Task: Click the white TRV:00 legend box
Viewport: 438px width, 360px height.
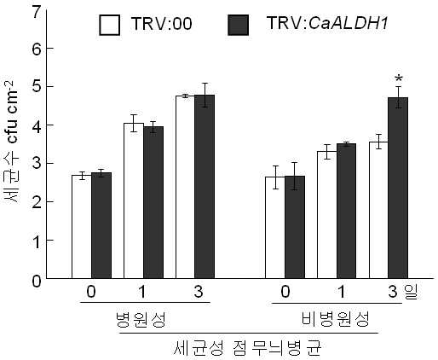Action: click(109, 25)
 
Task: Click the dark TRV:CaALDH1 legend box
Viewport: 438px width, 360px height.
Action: click(239, 25)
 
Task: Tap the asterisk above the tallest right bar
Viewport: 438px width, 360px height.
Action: click(399, 78)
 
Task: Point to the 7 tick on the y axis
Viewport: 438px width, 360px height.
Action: click(38, 12)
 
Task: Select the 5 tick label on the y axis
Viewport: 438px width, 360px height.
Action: click(37, 87)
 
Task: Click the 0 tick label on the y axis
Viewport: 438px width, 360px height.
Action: click(37, 281)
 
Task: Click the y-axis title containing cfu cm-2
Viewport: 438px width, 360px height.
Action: click(12, 142)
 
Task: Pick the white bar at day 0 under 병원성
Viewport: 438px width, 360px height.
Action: click(82, 227)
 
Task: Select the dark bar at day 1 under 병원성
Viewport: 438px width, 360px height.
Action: click(153, 202)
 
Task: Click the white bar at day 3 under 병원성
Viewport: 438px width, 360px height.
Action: click(186, 187)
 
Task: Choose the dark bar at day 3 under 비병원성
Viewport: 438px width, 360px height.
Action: click(398, 188)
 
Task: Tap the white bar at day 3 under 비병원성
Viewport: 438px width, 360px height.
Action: click(379, 210)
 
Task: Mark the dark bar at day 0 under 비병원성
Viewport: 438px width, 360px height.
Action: click(295, 227)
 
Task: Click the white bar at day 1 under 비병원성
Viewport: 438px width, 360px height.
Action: click(327, 215)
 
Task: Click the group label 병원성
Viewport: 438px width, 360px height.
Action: click(141, 319)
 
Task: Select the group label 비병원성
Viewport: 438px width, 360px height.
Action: click(335, 319)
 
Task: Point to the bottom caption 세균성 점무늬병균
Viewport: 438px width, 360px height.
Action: click(247, 348)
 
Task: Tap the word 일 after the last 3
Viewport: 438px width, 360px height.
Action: click(412, 292)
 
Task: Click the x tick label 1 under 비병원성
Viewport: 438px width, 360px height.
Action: click(341, 292)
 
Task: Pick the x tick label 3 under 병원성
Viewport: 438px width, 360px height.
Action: click(199, 292)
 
